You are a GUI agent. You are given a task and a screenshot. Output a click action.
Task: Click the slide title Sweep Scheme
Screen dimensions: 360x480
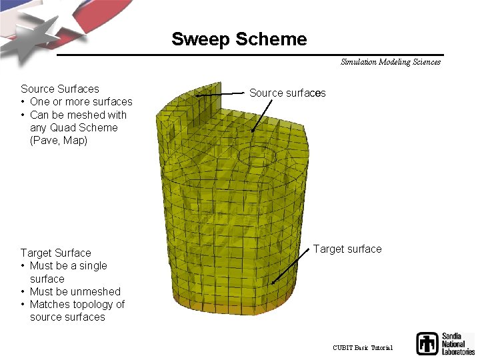239,39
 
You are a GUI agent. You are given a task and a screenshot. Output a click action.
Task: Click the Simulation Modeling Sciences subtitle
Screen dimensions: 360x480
390,62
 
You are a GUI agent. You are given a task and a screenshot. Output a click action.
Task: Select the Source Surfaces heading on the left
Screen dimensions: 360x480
60,89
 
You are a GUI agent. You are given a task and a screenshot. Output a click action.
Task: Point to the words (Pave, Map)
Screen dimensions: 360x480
59,140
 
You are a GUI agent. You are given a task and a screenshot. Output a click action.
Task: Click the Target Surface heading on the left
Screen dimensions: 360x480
55,253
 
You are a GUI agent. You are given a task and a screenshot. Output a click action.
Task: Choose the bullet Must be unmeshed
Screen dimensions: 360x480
75,291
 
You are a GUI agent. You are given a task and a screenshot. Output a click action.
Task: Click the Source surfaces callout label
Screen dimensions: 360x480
287,93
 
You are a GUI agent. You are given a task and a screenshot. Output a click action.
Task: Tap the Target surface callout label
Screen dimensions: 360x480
347,249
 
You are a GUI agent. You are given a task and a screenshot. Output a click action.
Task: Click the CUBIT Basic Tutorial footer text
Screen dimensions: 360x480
363,348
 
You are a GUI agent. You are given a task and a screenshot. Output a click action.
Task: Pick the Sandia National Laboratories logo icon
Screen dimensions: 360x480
427,343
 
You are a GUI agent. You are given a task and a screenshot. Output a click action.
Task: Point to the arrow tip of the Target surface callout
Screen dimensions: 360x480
273,284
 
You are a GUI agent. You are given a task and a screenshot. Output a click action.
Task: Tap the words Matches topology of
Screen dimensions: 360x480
77,304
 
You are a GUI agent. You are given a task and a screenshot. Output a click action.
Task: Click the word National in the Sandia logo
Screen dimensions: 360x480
457,343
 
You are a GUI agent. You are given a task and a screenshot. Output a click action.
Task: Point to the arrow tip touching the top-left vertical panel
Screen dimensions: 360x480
198,96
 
